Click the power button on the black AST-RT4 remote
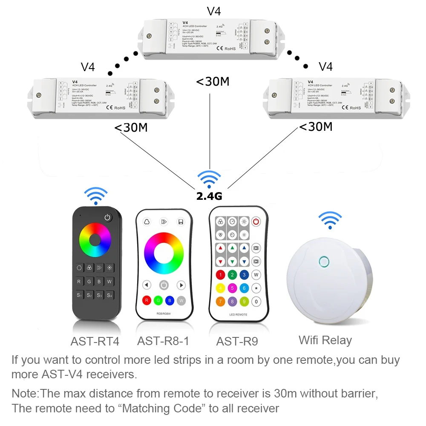[x=107, y=218]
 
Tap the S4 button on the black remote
[x=109, y=295]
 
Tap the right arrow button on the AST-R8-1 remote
[x=181, y=285]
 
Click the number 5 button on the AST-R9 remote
[x=232, y=288]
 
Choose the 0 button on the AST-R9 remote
[x=256, y=302]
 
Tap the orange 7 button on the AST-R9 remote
[x=220, y=302]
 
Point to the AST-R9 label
[x=237, y=341]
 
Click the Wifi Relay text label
[x=325, y=340]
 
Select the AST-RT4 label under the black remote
[x=95, y=341]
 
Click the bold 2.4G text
[x=210, y=196]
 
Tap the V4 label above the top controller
[x=213, y=11]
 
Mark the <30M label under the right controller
[x=316, y=127]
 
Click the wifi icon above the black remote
[x=95, y=195]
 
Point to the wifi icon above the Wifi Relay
[x=330, y=220]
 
